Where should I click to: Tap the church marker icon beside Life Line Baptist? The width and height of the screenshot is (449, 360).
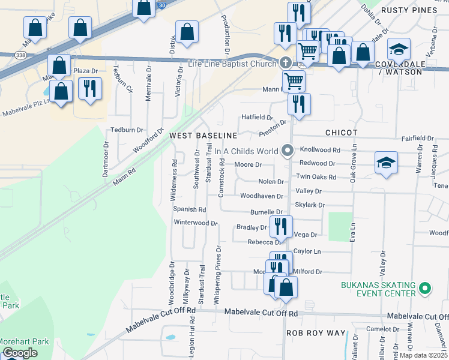click(x=285, y=62)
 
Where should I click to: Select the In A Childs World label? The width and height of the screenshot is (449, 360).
click(x=246, y=151)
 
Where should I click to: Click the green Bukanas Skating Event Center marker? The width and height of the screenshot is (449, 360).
click(x=425, y=289)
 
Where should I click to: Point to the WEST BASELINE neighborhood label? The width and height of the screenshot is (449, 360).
click(x=203, y=136)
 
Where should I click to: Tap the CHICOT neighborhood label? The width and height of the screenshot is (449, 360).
click(x=341, y=133)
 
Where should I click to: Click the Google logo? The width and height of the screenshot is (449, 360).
click(x=19, y=353)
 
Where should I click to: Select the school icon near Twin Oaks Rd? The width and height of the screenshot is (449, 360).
click(x=386, y=163)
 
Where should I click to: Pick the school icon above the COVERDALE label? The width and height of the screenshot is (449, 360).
click(x=399, y=49)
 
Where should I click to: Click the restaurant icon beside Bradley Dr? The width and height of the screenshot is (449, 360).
click(x=280, y=227)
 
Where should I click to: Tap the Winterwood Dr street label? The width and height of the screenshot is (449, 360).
click(x=195, y=223)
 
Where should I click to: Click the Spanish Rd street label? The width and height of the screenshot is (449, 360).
click(x=189, y=209)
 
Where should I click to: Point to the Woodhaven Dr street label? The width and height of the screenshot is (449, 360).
click(x=261, y=196)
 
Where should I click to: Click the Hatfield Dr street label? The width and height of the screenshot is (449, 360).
click(x=257, y=117)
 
